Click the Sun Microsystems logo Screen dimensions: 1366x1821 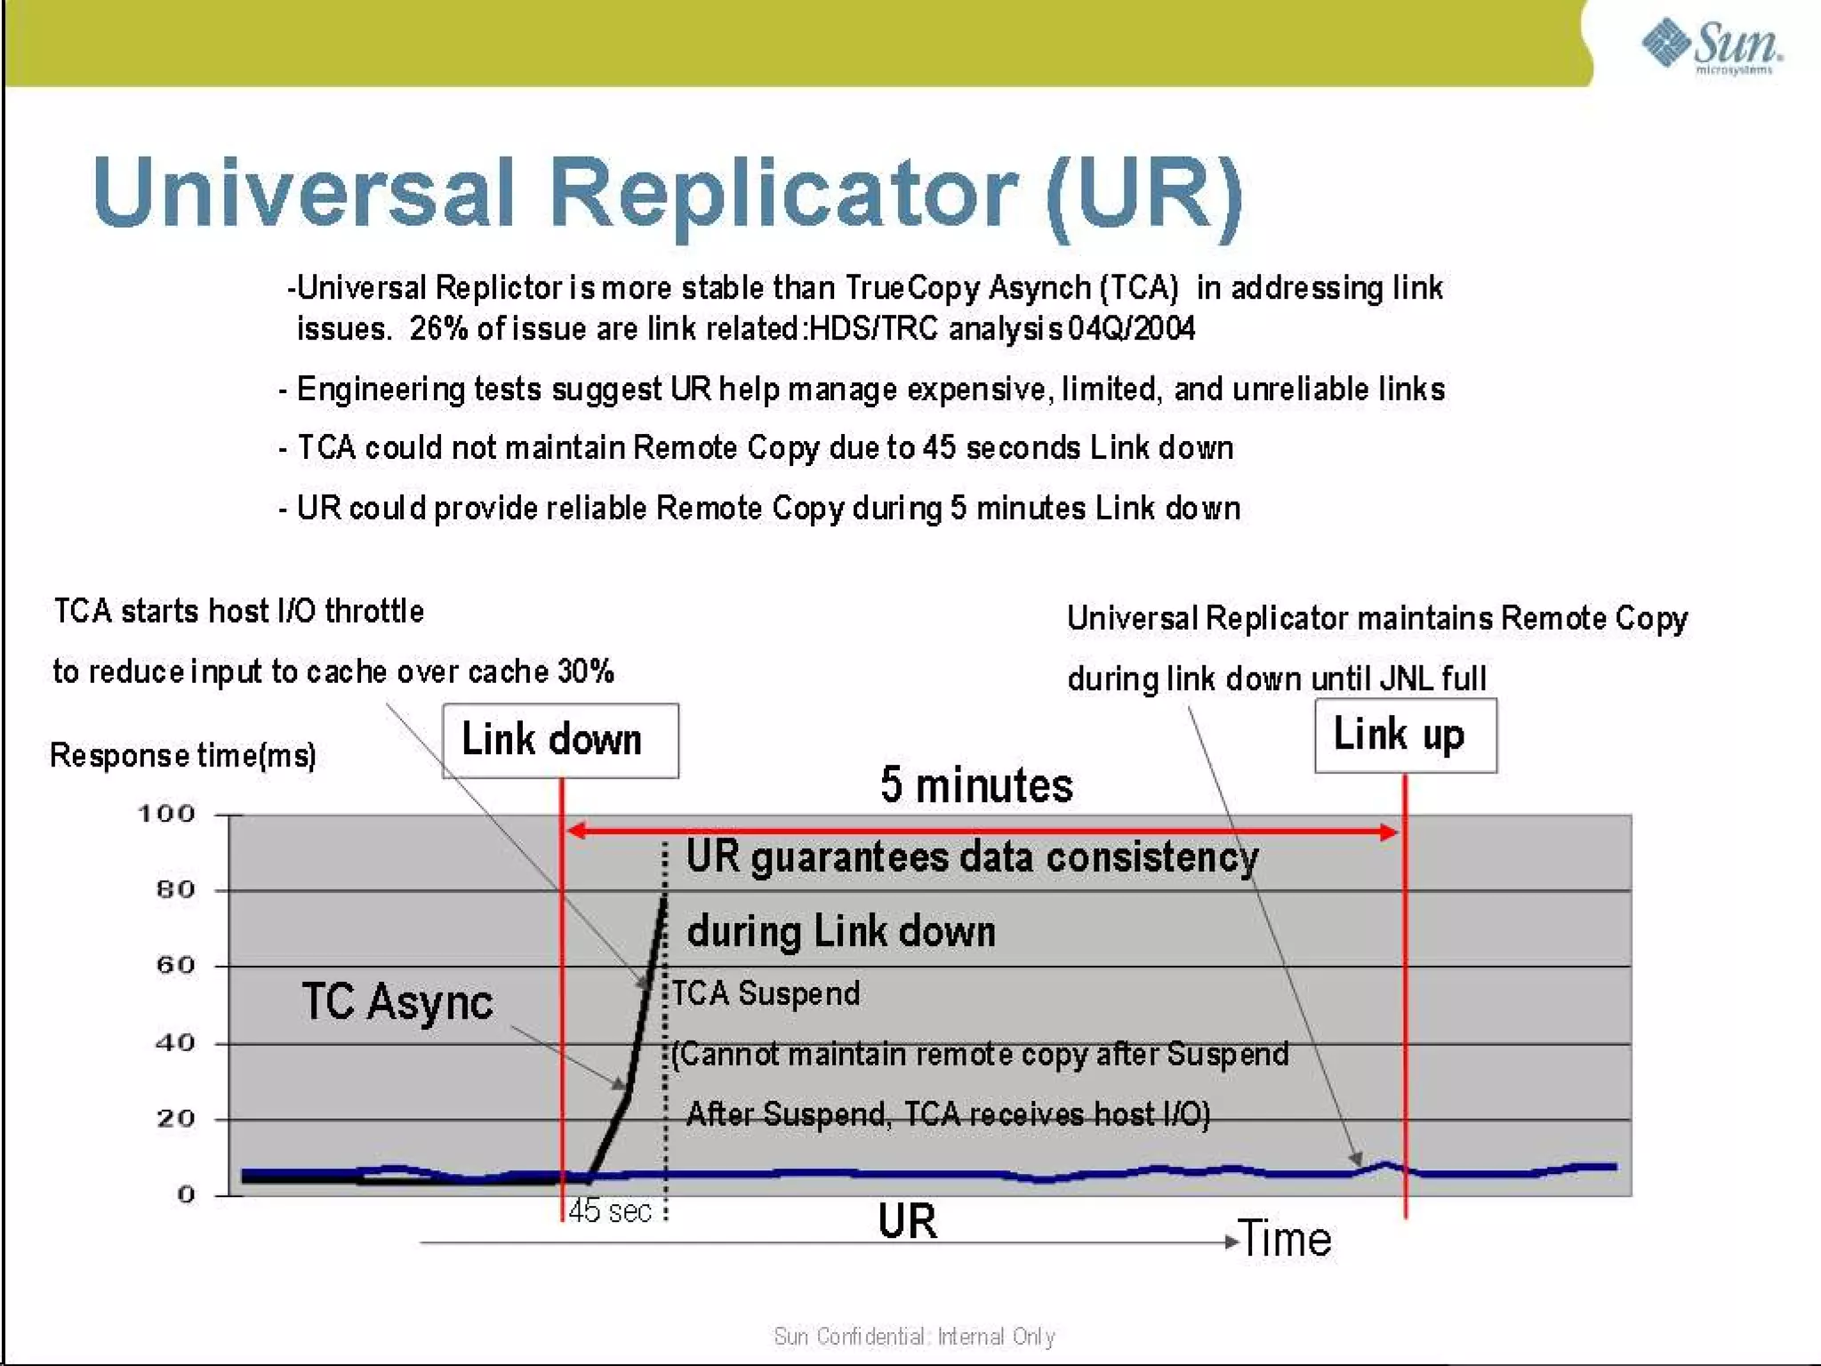tap(1711, 45)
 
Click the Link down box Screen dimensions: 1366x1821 tap(560, 741)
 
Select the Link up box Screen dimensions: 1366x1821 tap(1405, 735)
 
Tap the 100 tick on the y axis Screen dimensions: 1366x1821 tap(166, 814)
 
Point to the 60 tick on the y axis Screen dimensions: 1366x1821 tap(175, 966)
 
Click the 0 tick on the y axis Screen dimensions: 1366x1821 tap(185, 1194)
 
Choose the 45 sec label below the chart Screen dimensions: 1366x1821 tap(610, 1211)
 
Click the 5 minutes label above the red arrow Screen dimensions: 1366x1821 tap(976, 785)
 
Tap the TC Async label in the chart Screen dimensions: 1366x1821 tap(397, 1002)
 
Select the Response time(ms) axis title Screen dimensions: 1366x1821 tap(183, 756)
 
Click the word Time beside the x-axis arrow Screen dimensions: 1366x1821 tap(1285, 1239)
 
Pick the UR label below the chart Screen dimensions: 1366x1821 tap(907, 1221)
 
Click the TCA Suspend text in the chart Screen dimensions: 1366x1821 tap(766, 993)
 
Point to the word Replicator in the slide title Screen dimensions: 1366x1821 tap(783, 193)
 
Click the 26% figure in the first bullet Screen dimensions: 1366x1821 tap(438, 329)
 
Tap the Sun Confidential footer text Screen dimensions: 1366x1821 tap(914, 1337)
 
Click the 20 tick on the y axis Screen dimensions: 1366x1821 tap(175, 1119)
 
